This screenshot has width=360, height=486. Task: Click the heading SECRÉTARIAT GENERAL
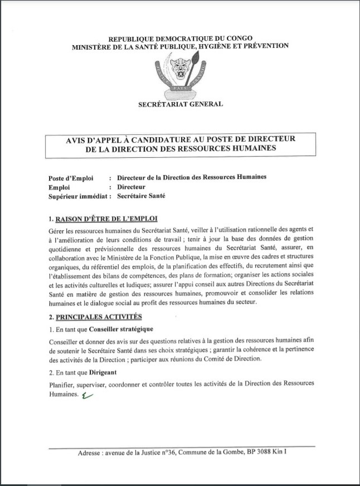click(181, 104)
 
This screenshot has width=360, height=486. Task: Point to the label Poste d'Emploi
click(71, 178)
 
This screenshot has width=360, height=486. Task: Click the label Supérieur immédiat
click(77, 196)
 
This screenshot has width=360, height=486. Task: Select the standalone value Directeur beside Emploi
click(132, 187)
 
